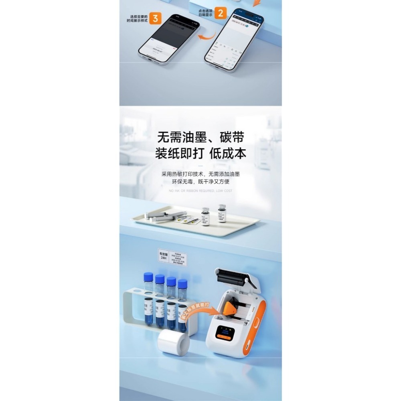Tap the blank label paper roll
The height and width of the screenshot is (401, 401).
tap(173, 341)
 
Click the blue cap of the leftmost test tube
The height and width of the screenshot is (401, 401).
tap(148, 276)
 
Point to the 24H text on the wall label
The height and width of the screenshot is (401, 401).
tap(163, 258)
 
